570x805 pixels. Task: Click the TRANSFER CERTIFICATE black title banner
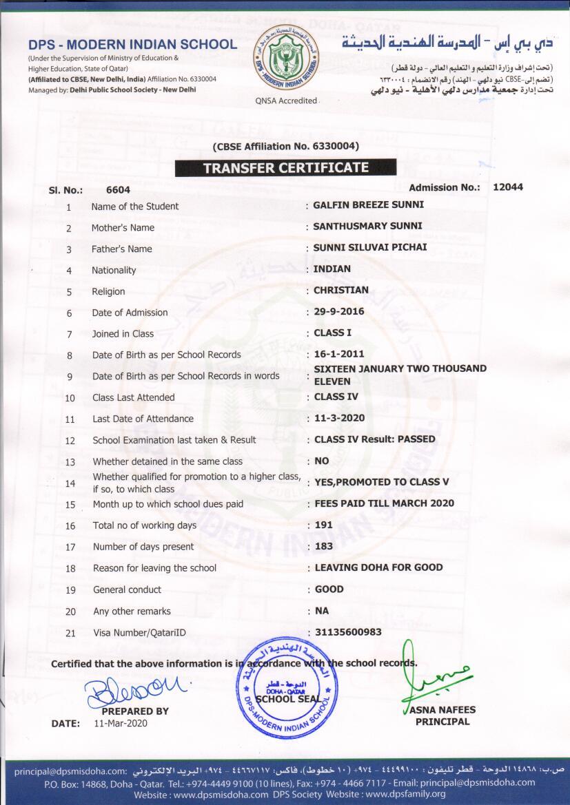[x=285, y=167]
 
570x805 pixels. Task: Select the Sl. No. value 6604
[x=118, y=189]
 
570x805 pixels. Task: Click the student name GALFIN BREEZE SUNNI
[x=369, y=205]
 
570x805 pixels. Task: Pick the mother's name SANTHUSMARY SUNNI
[x=368, y=226]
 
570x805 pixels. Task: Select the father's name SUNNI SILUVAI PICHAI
[x=370, y=247]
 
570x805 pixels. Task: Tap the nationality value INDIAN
[x=332, y=269]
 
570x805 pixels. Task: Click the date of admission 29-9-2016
[x=339, y=311]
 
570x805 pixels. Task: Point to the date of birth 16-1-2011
[x=339, y=354]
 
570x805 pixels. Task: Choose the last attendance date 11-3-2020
[x=340, y=418]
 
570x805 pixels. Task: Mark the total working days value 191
[x=324, y=525]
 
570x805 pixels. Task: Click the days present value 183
[x=324, y=546]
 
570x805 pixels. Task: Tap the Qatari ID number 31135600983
[x=348, y=631]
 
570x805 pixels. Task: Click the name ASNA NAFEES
[x=442, y=710]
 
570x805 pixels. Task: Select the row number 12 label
[x=70, y=440]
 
